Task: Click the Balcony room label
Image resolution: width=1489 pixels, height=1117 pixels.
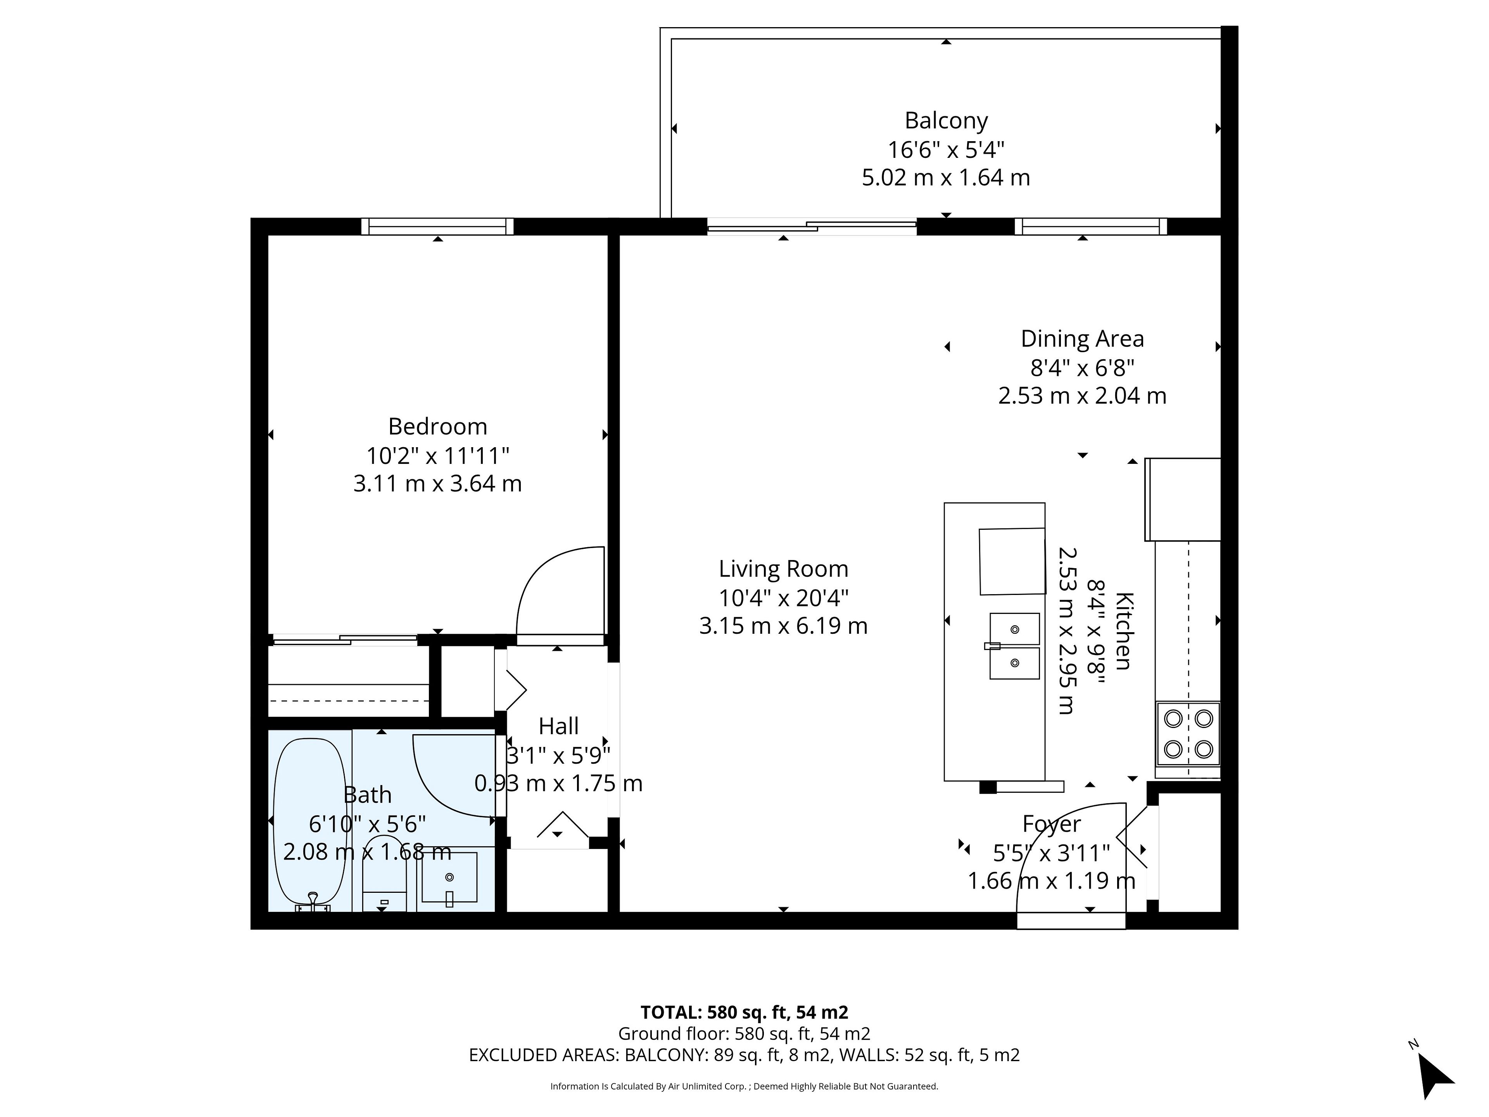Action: pyautogui.click(x=946, y=121)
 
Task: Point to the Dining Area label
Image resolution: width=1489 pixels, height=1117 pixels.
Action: pyautogui.click(x=1082, y=339)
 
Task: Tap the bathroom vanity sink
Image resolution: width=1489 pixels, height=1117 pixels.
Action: pyautogui.click(x=449, y=877)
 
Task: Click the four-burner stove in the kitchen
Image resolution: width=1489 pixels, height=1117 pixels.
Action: pyautogui.click(x=1188, y=734)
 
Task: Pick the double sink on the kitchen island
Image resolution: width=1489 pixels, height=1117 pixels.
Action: pyautogui.click(x=1014, y=646)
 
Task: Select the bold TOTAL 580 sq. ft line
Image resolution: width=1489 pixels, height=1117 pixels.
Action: pyautogui.click(x=744, y=1012)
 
